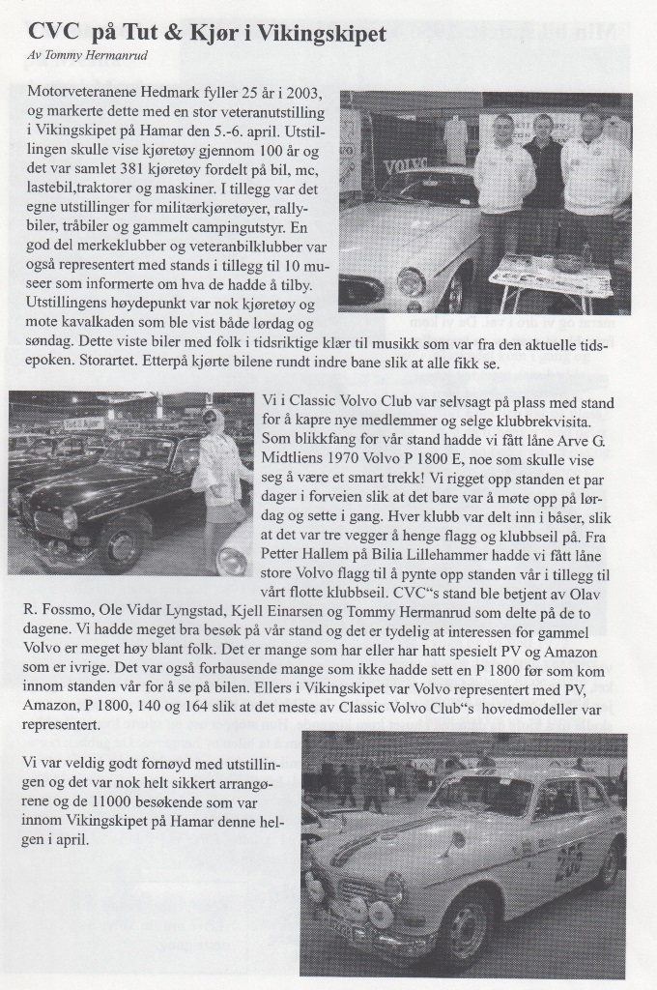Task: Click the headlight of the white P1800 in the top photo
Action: click(x=411, y=281)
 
